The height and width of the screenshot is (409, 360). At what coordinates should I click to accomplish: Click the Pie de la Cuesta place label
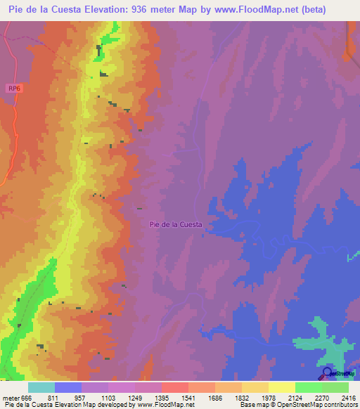176,225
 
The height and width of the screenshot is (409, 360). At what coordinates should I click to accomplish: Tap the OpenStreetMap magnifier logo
327,373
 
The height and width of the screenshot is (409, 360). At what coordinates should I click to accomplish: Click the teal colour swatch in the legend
41,387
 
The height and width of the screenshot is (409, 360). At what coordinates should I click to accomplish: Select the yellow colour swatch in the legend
282,387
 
